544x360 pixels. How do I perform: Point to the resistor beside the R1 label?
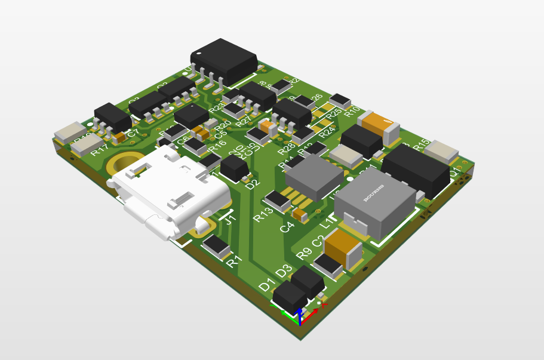click(216, 245)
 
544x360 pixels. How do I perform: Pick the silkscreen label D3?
click(284, 270)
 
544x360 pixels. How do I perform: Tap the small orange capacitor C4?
click(300, 214)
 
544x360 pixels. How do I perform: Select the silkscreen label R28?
click(287, 147)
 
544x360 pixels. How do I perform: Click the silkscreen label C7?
click(133, 132)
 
